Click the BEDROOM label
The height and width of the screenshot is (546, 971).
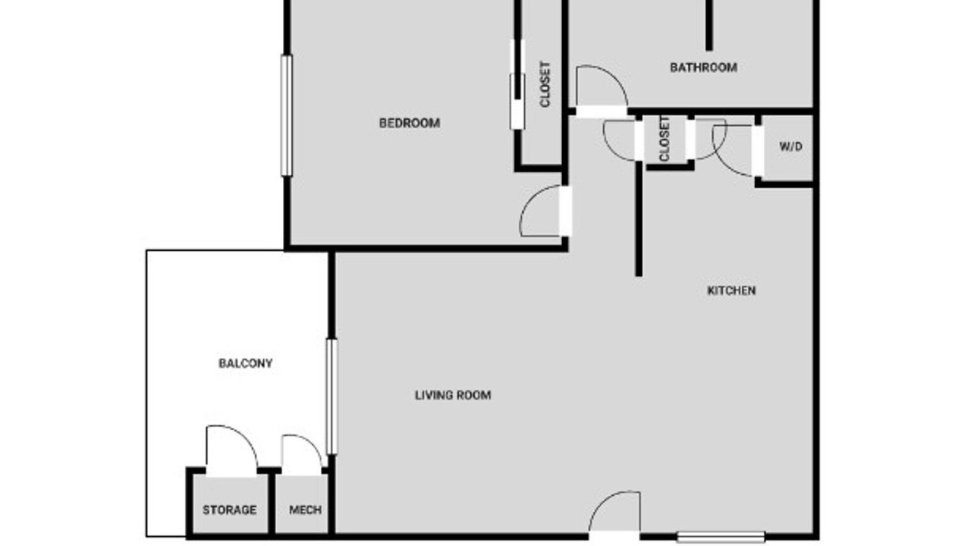click(x=410, y=123)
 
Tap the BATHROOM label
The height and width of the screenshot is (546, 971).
click(x=703, y=67)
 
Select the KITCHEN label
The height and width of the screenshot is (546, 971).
click(x=732, y=290)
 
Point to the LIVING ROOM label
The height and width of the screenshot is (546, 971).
click(x=453, y=395)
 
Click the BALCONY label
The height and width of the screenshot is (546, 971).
click(x=245, y=363)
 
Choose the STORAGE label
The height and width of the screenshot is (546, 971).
click(x=229, y=510)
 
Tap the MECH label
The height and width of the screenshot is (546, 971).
click(x=305, y=510)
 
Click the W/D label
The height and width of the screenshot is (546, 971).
click(x=790, y=146)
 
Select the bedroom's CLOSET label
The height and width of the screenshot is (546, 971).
click(x=545, y=84)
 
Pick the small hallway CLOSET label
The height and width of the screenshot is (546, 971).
click(x=664, y=139)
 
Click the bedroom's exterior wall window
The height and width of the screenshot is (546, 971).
click(x=287, y=116)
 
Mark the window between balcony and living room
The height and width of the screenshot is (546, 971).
click(x=332, y=397)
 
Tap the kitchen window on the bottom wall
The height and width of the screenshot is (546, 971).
click(x=721, y=538)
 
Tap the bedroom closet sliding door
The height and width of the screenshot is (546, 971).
click(x=517, y=84)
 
